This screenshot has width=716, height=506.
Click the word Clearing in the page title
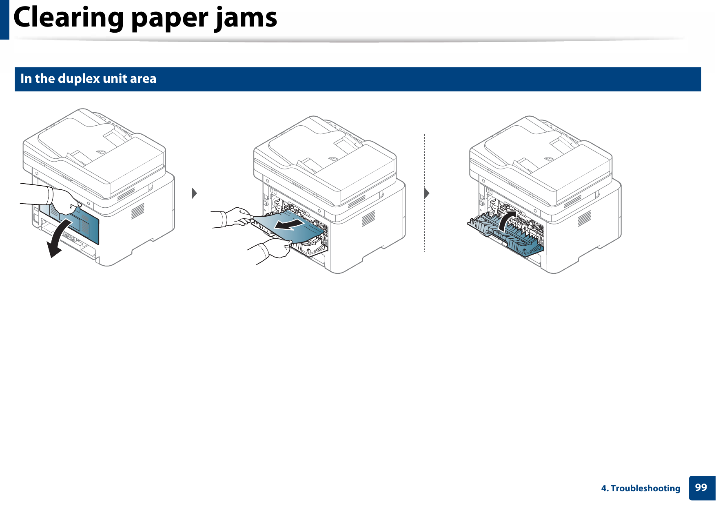tap(69, 18)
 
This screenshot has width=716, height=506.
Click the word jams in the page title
tap(246, 18)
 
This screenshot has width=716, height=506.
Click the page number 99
tap(701, 488)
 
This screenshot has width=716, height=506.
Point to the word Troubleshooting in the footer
tap(645, 488)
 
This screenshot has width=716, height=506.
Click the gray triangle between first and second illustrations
tap(194, 193)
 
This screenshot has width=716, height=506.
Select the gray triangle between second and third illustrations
tap(427, 193)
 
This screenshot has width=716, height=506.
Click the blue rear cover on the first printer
tap(88, 226)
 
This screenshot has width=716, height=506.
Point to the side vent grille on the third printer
tap(584, 218)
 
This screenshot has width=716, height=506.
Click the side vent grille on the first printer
tap(137, 211)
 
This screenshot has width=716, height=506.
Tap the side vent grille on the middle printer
tap(368, 218)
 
